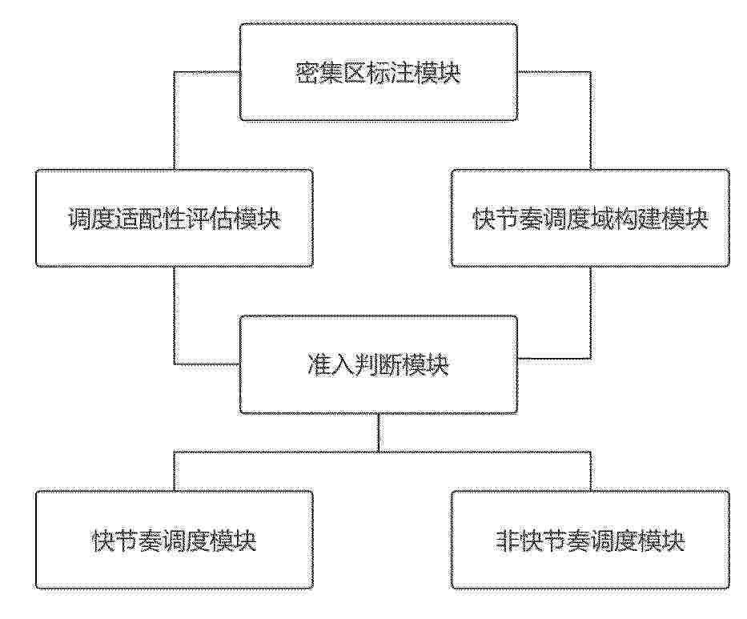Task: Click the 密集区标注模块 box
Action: (x=378, y=72)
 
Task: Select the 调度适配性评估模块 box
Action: (x=175, y=218)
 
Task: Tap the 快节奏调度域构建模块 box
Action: (x=590, y=218)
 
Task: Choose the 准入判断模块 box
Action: (x=378, y=364)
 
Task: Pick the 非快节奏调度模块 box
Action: (x=590, y=540)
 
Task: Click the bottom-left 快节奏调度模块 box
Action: (x=175, y=540)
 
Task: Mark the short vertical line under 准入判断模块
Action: (x=378, y=432)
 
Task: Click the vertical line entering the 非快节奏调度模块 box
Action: (x=591, y=471)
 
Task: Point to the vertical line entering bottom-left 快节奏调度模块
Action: (x=175, y=471)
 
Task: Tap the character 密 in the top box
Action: (x=307, y=74)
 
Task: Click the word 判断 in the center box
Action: (x=378, y=366)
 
